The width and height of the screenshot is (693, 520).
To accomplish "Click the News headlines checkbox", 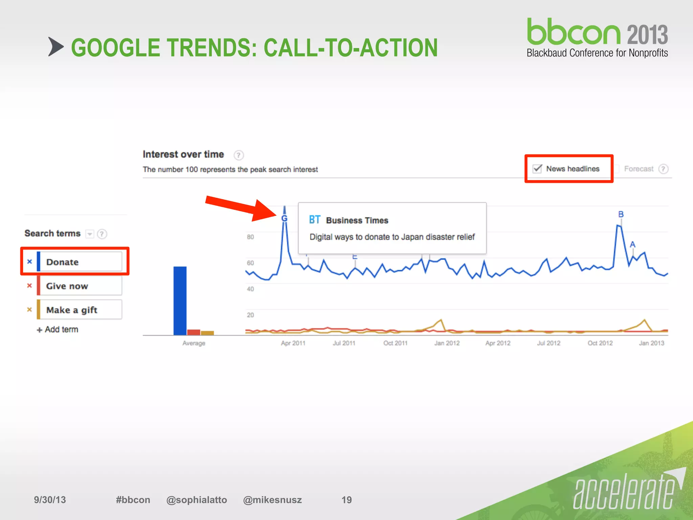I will [537, 169].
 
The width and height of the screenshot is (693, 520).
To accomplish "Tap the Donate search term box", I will [80, 262].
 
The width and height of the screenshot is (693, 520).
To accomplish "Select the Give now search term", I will [80, 286].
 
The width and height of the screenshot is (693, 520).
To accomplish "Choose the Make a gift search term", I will [80, 310].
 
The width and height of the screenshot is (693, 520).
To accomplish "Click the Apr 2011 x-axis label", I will [293, 343].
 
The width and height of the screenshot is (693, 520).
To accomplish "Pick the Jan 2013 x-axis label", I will [651, 343].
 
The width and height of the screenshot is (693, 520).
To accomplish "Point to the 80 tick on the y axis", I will [250, 237].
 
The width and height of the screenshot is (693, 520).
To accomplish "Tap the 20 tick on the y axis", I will [250, 315].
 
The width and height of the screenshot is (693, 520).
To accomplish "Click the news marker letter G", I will [284, 219].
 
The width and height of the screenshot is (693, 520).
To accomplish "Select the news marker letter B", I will [621, 214].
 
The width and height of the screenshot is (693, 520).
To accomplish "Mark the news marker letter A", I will [632, 244].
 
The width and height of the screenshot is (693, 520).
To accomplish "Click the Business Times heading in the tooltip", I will [357, 220].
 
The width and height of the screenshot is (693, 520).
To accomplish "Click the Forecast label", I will [639, 169].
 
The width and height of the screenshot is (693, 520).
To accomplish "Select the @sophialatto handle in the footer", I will [197, 500].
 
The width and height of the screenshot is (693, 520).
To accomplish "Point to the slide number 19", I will [346, 500].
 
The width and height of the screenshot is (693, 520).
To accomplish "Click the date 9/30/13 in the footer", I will [50, 500].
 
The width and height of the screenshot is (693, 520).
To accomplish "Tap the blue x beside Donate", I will [29, 262].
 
